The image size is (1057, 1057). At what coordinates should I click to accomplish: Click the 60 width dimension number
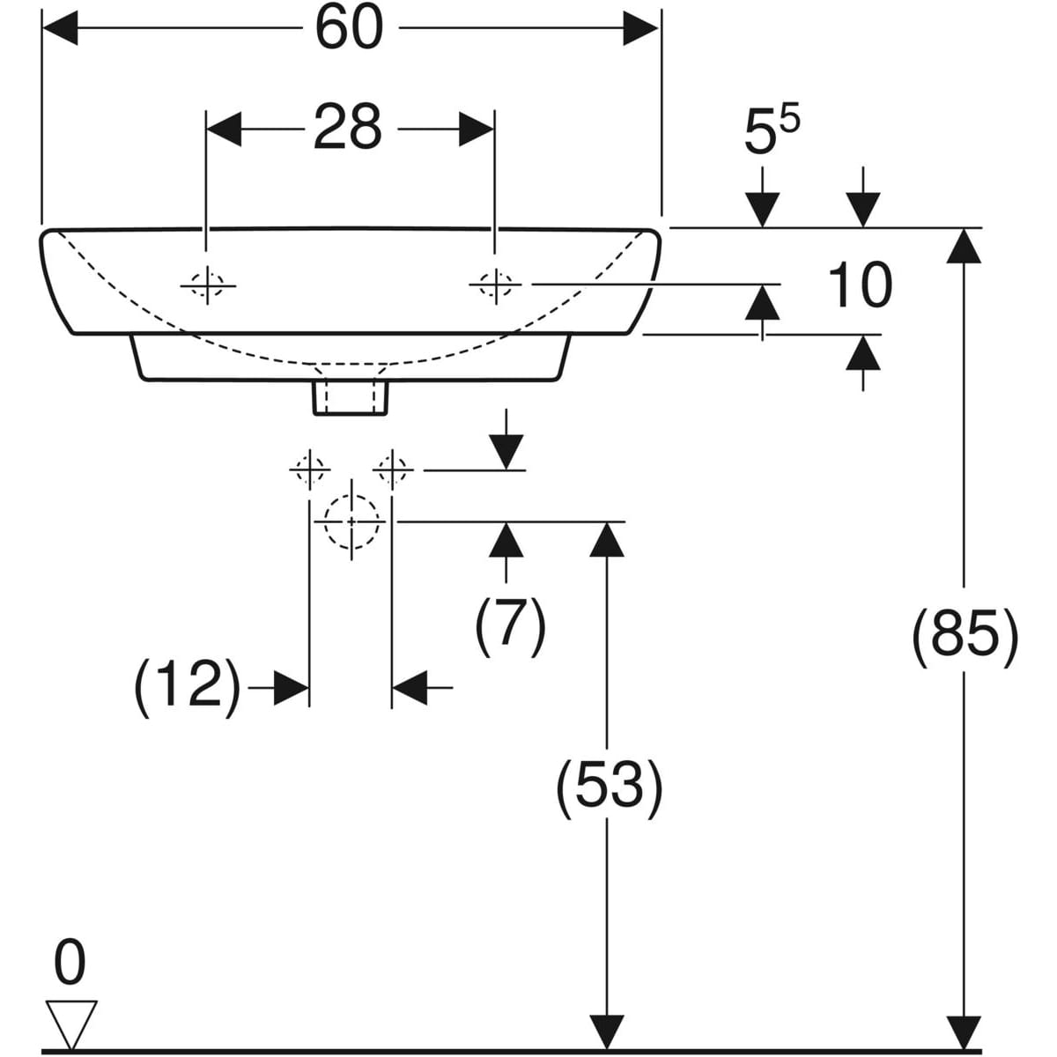350,28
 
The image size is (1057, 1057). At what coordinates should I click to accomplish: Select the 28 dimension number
347,127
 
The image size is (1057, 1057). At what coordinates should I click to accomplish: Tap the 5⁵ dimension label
771,130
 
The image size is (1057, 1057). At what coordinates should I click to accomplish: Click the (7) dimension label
511,625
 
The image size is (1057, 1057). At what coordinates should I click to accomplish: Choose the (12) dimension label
187,686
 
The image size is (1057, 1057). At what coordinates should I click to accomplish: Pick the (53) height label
609,784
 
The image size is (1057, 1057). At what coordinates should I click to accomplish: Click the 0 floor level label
70,962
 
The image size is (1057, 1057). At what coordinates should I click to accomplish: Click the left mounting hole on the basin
208,285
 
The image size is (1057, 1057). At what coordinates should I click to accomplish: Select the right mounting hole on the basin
495,285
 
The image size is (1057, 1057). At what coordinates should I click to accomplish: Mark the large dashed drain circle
351,521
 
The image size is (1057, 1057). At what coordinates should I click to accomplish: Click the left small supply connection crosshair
310,470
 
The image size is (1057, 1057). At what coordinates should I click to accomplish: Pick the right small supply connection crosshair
392,470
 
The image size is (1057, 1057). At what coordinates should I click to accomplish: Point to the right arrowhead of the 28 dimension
476,129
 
